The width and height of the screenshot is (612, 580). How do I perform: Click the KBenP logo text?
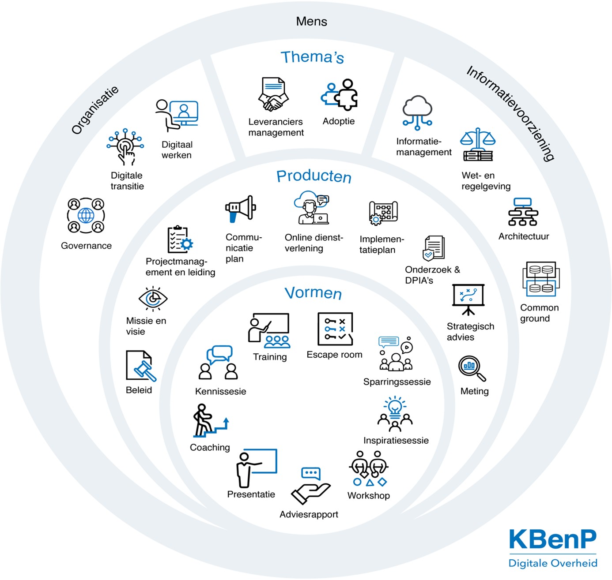click(553, 539)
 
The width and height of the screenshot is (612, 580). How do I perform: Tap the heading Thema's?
click(312, 57)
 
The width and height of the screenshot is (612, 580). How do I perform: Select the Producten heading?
click(314, 176)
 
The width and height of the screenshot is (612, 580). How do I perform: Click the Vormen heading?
click(313, 292)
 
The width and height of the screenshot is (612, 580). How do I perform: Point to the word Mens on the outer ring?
click(312, 22)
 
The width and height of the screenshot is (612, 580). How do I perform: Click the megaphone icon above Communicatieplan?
click(240, 209)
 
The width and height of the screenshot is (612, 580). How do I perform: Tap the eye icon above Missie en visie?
click(153, 299)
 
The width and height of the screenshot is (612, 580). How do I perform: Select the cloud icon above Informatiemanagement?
click(417, 112)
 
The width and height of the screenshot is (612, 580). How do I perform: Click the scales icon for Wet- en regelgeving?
click(478, 144)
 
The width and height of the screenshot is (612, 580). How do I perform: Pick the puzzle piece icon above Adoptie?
click(339, 95)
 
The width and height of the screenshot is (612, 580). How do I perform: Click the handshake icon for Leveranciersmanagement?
click(273, 94)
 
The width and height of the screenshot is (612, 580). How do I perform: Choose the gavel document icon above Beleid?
click(141, 366)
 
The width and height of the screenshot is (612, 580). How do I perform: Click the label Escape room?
click(334, 355)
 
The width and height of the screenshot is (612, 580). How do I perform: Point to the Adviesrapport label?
click(309, 514)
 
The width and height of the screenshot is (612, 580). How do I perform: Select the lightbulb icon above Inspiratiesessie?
click(395, 414)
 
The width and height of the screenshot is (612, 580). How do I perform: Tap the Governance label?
click(86, 246)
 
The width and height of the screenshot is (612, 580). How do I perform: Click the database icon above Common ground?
click(541, 279)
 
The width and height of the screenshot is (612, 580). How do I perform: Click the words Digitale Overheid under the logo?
click(553, 563)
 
